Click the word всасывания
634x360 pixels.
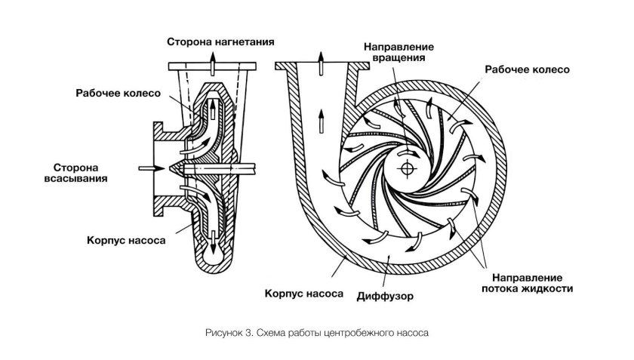(75, 179)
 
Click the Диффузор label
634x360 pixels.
(385, 295)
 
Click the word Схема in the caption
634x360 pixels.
(269, 332)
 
